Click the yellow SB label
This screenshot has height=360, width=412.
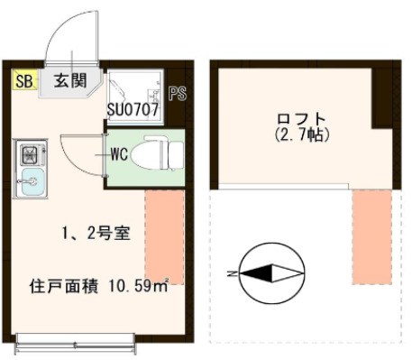click(x=23, y=80)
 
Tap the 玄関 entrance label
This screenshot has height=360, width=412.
click(x=69, y=80)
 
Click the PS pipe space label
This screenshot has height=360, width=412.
click(x=177, y=94)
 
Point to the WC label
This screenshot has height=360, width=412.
click(x=118, y=153)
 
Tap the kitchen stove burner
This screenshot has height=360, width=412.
click(x=28, y=152)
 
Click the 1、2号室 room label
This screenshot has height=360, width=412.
click(x=96, y=234)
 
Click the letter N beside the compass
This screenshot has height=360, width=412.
click(x=232, y=272)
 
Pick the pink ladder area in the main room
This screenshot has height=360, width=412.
click(x=163, y=235)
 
